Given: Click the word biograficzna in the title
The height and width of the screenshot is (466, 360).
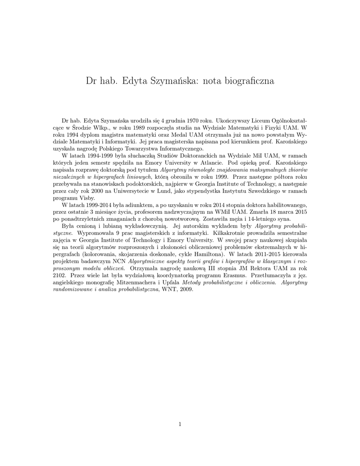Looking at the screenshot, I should (x=248, y=81).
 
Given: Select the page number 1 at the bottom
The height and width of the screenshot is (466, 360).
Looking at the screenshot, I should (x=180, y=425).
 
